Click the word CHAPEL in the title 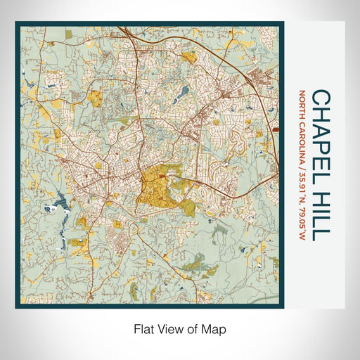(x=320, y=122)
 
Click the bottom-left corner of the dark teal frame (x=16, y=307)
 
